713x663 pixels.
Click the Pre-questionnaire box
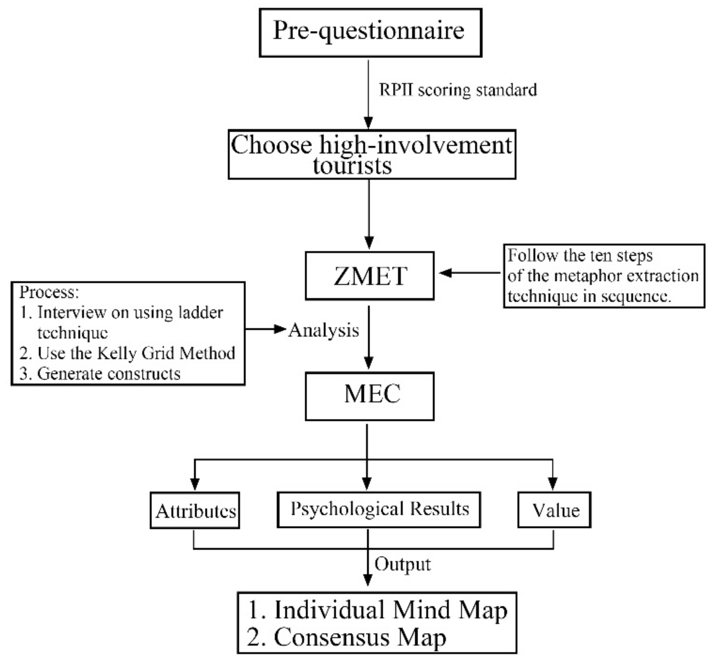(x=370, y=33)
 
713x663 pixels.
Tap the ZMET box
(x=369, y=275)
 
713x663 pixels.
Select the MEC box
(x=369, y=396)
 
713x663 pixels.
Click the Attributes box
(x=195, y=510)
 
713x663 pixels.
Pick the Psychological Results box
(x=379, y=509)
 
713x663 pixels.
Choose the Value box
(x=554, y=510)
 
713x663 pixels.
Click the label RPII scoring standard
(x=458, y=90)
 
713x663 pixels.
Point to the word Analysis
(x=323, y=330)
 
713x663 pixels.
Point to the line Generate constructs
(x=108, y=374)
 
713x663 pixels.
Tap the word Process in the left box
(x=48, y=292)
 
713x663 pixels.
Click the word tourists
(x=352, y=166)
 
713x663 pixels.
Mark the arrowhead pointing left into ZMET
(x=445, y=273)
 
